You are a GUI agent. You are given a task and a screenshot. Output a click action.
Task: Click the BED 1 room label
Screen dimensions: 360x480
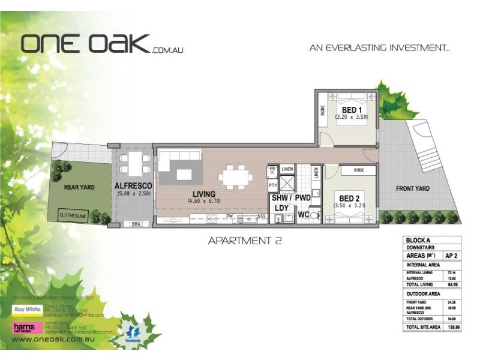coord(351,110)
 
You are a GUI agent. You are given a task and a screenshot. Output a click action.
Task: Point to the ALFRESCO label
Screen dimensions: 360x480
coord(133,187)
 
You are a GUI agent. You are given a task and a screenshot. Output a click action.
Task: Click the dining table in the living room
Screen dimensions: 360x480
coord(233,176)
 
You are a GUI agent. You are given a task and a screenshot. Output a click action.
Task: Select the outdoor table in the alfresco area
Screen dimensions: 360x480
coord(134,161)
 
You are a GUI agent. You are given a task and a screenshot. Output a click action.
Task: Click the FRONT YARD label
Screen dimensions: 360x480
coord(412,188)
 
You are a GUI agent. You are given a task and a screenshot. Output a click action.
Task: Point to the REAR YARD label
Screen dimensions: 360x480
coord(79,187)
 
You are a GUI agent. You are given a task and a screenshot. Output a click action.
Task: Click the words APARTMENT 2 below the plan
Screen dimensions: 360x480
coord(244,241)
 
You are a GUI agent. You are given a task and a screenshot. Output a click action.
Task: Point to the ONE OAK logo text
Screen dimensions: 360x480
coord(85,43)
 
